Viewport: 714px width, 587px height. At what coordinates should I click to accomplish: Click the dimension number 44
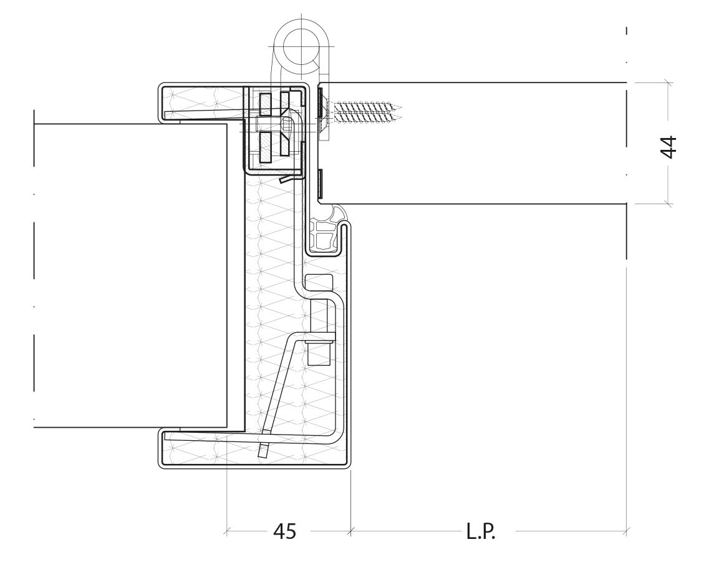pos(668,147)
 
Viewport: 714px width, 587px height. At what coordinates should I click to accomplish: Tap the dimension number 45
pos(284,531)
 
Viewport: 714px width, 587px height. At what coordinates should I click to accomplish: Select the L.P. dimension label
pos(481,531)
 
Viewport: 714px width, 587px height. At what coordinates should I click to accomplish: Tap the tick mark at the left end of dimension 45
pos(227,531)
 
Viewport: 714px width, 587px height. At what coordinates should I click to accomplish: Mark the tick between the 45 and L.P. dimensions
pos(350,531)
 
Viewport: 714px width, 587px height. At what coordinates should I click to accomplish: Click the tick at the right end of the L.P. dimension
pos(627,531)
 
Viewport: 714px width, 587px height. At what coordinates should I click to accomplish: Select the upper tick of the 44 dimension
pos(668,83)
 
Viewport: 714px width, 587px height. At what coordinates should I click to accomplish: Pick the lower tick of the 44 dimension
pos(668,203)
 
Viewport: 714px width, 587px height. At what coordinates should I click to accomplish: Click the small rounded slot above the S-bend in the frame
pos(319,282)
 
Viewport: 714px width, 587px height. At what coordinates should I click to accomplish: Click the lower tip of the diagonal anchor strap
pos(263,451)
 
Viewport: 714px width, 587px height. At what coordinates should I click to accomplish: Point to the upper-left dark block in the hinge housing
pos(266,104)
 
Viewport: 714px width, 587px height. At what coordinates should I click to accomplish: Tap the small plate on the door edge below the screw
pos(321,180)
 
